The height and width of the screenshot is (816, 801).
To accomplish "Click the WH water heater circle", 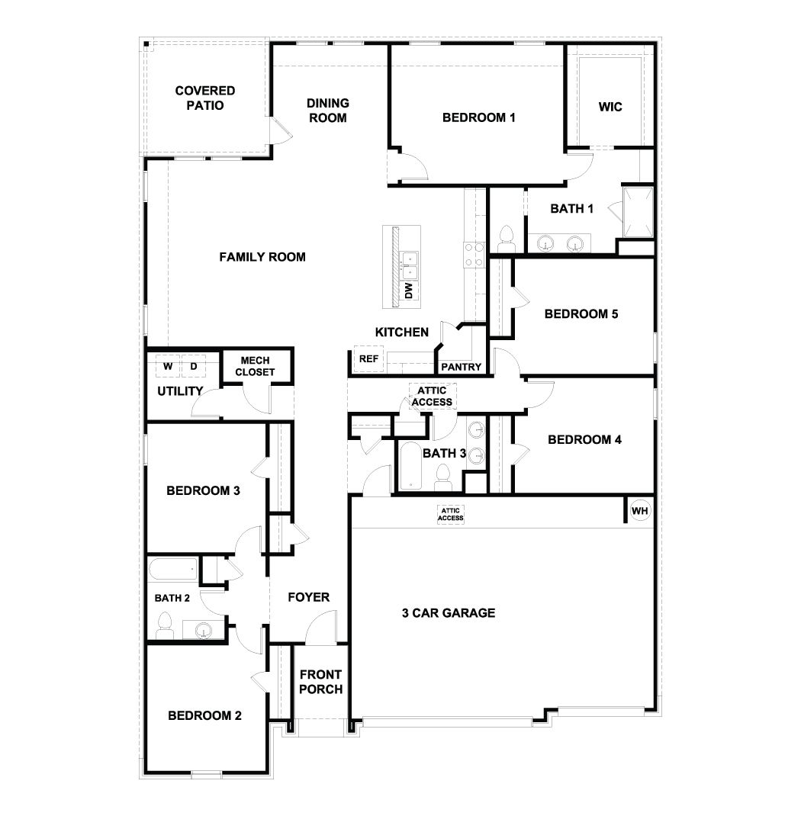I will (640, 510).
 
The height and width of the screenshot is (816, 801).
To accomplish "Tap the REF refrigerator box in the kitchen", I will (368, 358).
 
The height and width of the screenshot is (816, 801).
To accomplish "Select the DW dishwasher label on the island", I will (408, 291).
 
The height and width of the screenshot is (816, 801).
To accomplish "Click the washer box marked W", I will (168, 366).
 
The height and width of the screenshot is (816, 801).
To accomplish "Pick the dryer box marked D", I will (194, 366).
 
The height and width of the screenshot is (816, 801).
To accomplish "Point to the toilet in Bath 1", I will (506, 239).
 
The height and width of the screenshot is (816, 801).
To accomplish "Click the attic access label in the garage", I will (450, 514).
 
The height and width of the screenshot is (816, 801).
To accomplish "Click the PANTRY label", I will (462, 367).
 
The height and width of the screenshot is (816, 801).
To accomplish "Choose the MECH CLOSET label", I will (255, 366).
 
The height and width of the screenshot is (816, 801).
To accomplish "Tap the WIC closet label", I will (610, 107).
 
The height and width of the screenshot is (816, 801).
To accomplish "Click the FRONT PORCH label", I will (320, 681).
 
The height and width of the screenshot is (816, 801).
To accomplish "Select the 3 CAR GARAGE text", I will (449, 612).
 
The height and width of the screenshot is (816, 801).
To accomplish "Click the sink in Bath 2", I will (203, 630).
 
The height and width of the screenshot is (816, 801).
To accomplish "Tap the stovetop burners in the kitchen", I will (473, 254).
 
